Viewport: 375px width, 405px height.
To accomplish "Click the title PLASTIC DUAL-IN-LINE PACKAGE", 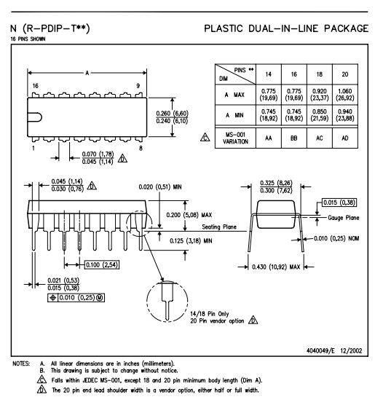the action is coord(286,28).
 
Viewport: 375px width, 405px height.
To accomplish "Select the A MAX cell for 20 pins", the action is coord(345,95).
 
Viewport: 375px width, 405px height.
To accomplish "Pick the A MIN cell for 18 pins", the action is coord(320,115).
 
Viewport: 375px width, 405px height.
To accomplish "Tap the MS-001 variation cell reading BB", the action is coord(294,138).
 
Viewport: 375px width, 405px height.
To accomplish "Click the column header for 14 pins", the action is coord(269,74).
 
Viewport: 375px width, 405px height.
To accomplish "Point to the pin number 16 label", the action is coord(36,86).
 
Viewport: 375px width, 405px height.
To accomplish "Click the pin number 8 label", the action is coord(141,149).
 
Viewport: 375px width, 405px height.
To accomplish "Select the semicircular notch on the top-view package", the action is coord(35,117).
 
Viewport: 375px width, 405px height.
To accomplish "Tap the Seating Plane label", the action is coord(219,227).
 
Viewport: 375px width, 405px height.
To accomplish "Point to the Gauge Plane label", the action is coord(344,218).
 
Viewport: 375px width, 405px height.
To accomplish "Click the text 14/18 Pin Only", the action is coord(210,314).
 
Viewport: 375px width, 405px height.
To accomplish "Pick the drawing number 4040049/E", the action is coord(320,350).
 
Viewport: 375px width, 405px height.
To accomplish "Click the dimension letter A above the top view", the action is coord(87,73).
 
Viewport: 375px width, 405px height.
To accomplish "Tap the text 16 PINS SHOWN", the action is coord(28,39).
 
